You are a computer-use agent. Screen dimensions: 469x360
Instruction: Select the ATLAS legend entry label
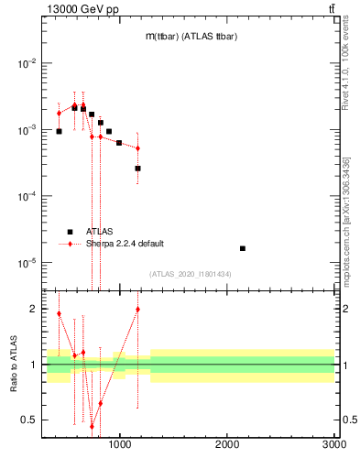(x=100, y=232)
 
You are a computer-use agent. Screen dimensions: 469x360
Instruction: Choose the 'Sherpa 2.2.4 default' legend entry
(x=125, y=244)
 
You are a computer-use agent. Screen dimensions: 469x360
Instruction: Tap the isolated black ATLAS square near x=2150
(x=243, y=248)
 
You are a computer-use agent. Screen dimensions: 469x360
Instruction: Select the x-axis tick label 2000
(x=227, y=446)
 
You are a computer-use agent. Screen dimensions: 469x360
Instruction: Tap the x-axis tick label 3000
(x=334, y=446)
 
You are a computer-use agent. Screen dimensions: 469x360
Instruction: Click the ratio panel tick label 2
(x=32, y=310)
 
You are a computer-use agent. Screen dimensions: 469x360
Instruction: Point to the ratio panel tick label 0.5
(x=28, y=420)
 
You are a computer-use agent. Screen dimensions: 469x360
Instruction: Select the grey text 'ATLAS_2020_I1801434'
(x=190, y=274)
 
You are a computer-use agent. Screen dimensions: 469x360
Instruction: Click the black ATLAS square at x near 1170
(x=137, y=169)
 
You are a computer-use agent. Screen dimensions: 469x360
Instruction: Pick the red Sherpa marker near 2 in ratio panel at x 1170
(x=137, y=309)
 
